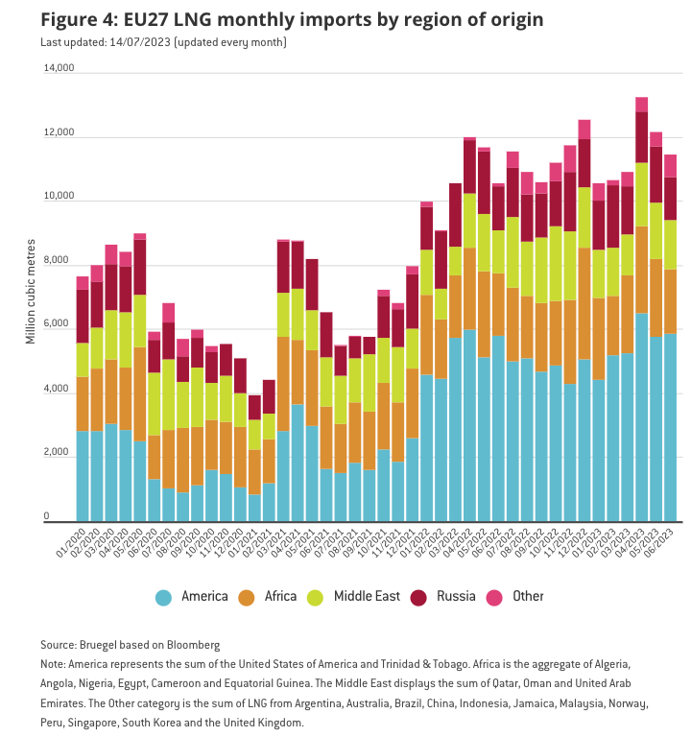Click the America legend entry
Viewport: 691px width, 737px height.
click(x=192, y=597)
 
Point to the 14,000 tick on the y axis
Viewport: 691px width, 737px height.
click(x=59, y=68)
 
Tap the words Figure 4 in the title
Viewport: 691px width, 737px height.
click(x=77, y=20)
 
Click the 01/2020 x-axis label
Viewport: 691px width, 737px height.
click(x=72, y=545)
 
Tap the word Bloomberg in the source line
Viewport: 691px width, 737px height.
click(x=193, y=645)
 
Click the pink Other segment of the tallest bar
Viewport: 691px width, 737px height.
click(x=641, y=105)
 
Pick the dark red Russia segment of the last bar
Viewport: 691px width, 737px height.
click(x=670, y=199)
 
